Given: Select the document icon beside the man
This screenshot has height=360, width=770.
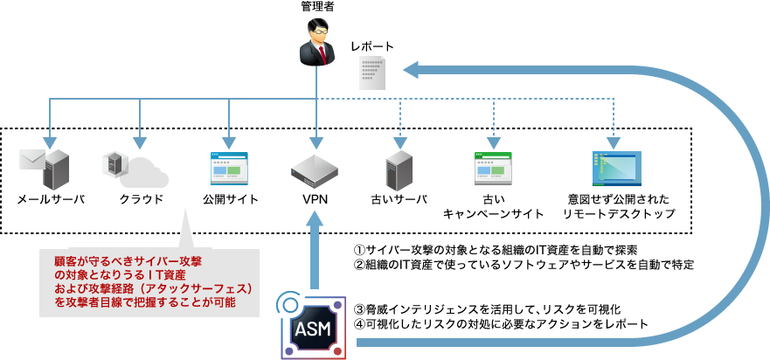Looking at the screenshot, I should click(374, 72).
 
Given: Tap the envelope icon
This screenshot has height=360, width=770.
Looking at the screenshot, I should click(31, 159).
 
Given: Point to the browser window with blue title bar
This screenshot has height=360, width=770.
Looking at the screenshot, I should click(229, 168).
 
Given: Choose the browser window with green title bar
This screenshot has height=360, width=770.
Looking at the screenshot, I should click(492, 168).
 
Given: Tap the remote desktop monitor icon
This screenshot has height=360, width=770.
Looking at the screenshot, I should click(616, 169).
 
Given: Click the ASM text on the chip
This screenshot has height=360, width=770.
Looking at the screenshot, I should click(312, 329).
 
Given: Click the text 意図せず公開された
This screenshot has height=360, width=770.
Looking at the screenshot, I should click(615, 199).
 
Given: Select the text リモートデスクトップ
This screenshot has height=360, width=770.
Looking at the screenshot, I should click(617, 213).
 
